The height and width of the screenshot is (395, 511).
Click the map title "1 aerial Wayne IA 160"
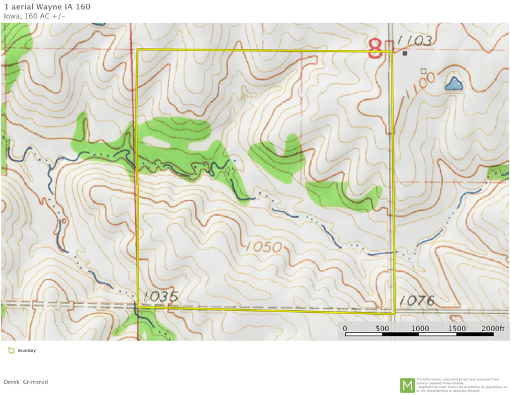(42, 6)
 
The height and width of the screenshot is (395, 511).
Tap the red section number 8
(376, 48)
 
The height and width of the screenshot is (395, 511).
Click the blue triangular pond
(453, 83)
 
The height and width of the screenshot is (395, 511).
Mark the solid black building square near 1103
(405, 54)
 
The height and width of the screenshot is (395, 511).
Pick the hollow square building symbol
(424, 71)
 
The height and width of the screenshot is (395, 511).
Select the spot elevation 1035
(161, 296)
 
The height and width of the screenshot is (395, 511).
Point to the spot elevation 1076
(417, 301)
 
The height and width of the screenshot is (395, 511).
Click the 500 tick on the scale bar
(382, 329)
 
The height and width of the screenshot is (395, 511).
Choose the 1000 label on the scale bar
(420, 329)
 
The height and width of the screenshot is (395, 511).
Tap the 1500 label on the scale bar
(457, 329)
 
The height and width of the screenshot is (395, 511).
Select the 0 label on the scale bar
(345, 329)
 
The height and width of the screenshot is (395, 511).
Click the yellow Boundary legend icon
(11, 350)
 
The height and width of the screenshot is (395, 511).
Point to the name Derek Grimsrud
(26, 382)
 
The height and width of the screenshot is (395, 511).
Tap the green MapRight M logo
(407, 384)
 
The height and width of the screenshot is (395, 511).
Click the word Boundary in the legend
(27, 350)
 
